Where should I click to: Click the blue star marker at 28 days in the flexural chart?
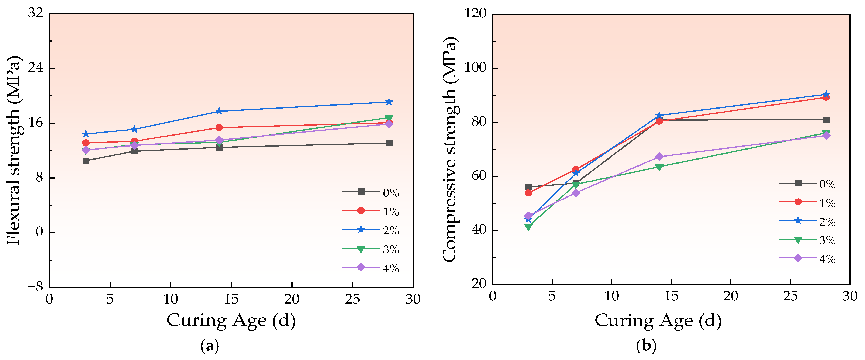point(389,102)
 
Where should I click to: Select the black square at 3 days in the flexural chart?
point(86,161)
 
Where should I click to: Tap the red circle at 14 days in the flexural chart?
point(219,128)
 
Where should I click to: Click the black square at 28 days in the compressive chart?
point(826,120)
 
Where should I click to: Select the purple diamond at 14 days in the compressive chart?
point(659,157)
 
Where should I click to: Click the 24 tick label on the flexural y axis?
point(36,68)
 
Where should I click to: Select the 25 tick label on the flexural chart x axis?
point(352,299)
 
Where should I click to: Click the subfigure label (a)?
point(210,346)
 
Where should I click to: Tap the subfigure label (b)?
point(646,346)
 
